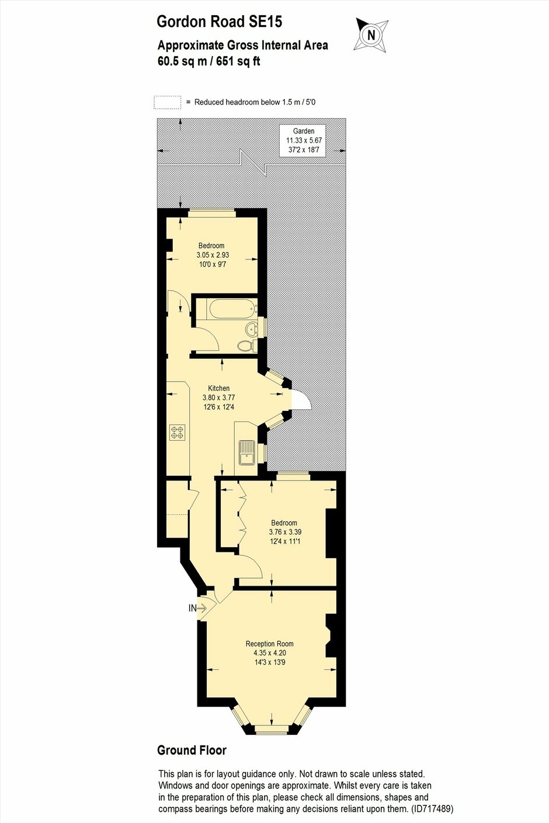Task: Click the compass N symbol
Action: point(371,35)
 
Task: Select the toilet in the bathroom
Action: point(245,345)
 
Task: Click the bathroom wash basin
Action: point(251,328)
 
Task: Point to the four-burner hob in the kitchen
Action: point(178,432)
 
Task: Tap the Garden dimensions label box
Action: point(303,141)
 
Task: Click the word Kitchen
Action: point(219,388)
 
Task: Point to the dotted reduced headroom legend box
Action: point(168,102)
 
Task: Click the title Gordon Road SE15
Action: point(220,22)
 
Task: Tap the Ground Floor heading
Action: point(192,750)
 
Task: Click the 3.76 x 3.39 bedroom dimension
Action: point(286,532)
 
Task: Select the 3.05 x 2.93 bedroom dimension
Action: point(213,255)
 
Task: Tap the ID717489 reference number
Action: point(433,808)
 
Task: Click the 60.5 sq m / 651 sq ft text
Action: point(209,61)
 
